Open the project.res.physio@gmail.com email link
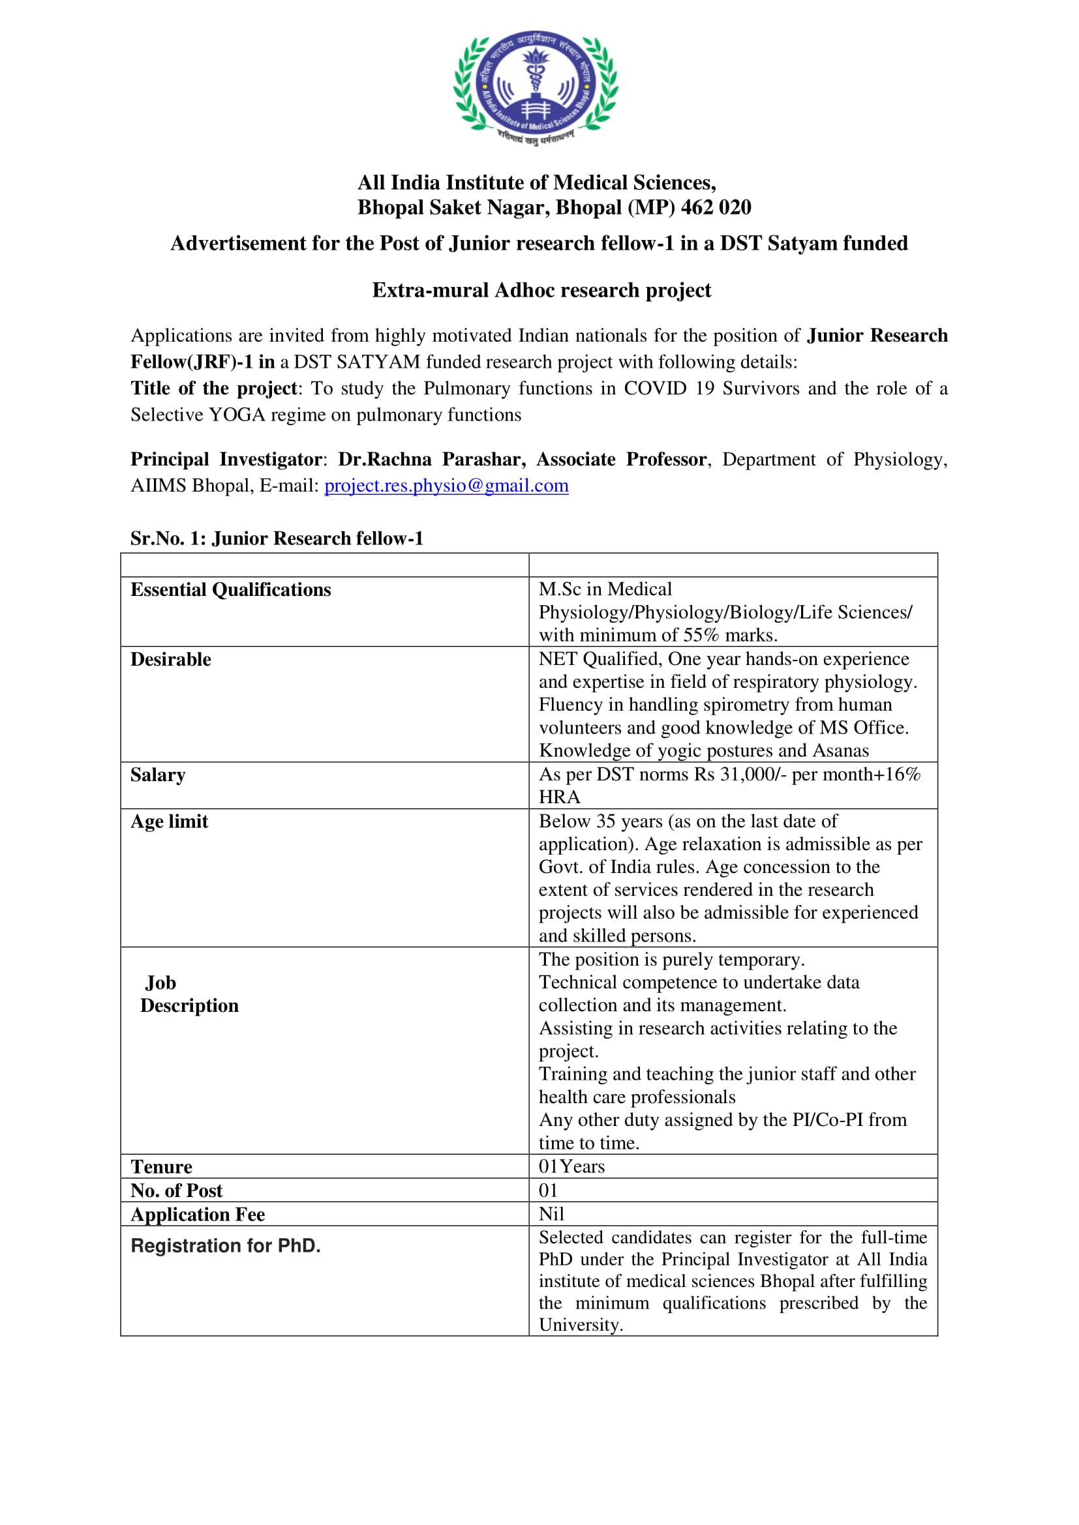tap(446, 486)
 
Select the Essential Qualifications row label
tap(230, 590)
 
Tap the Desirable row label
tap(171, 660)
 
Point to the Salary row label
tap(158, 775)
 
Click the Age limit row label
tap(170, 822)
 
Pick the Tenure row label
tap(161, 1167)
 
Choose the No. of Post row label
tap(177, 1191)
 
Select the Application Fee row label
tap(198, 1214)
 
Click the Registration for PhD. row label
tap(226, 1245)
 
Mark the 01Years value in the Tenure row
tap(572, 1166)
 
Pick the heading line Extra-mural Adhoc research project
tap(541, 290)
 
